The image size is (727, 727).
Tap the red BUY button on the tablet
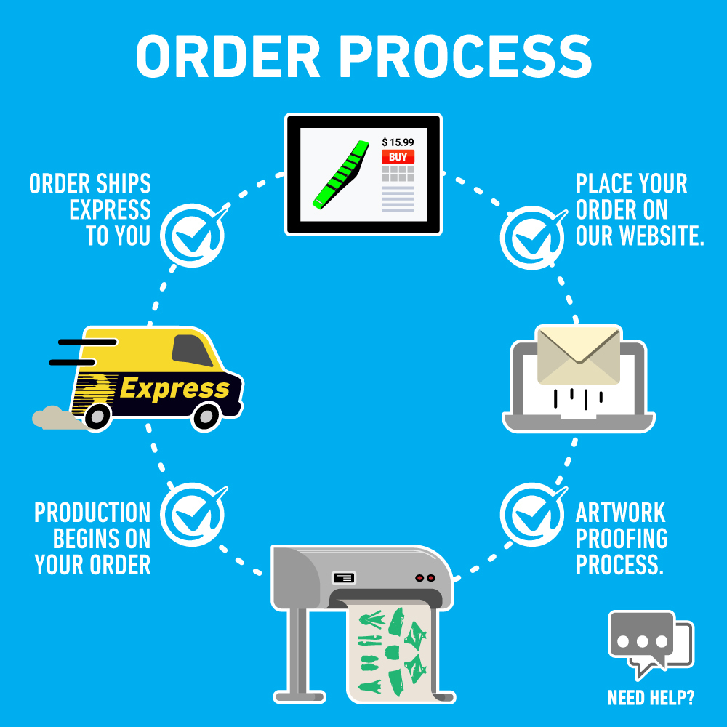[x=398, y=156]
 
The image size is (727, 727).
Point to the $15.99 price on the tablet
[x=398, y=142]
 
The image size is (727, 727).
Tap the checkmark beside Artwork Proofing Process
[x=531, y=515]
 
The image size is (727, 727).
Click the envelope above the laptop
[x=578, y=355]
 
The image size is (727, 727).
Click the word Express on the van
[x=174, y=389]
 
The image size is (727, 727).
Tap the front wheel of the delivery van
[x=206, y=416]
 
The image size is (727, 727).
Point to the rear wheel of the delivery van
[x=97, y=416]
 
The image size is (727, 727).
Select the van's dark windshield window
[x=192, y=351]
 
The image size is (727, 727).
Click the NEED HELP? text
[x=650, y=699]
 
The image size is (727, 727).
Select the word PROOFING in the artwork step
[x=622, y=539]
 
